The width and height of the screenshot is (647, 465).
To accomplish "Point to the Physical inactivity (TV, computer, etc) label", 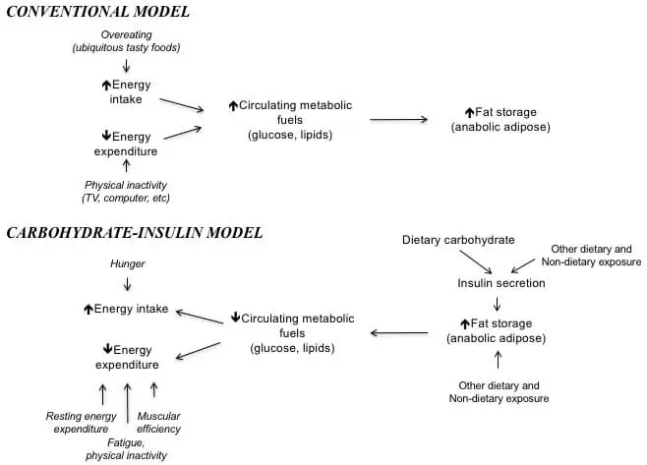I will [x=126, y=193].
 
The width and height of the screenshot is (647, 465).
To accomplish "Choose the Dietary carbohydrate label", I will [x=457, y=240].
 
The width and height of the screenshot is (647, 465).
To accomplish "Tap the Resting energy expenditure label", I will [x=84, y=423].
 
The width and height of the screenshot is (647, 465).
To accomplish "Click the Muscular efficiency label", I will [x=158, y=423].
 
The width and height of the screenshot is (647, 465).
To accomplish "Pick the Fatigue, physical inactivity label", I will [x=128, y=449].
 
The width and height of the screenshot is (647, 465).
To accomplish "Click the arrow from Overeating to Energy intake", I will [x=126, y=66].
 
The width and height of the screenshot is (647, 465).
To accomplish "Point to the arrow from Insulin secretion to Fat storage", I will [x=498, y=304].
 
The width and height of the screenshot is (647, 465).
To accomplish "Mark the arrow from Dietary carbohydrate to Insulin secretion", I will [x=478, y=262].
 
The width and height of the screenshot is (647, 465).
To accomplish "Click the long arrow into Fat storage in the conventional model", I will [x=398, y=120].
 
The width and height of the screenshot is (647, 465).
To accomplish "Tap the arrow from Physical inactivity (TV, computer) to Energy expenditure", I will [x=126, y=166].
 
